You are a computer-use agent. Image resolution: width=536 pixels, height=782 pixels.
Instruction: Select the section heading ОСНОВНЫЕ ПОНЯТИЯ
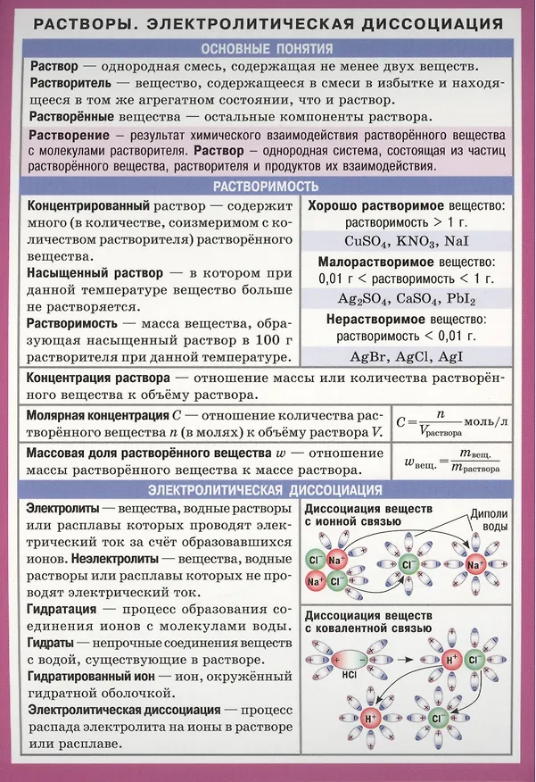(x=268, y=48)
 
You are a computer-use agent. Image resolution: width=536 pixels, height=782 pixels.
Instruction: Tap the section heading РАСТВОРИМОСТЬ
(x=268, y=187)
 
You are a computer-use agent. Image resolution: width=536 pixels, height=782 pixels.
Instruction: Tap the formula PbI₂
(x=461, y=298)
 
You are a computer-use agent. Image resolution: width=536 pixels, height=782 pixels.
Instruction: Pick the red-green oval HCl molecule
(x=349, y=660)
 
